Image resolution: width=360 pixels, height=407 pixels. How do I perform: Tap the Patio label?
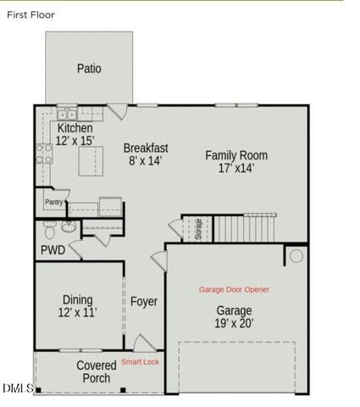click(x=89, y=69)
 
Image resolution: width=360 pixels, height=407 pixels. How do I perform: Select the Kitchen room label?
click(x=75, y=128)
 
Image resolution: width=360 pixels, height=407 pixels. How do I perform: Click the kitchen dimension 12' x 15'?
click(x=75, y=140)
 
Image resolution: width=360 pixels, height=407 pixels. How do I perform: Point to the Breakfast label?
click(x=146, y=148)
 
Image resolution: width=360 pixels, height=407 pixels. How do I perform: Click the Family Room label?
click(x=236, y=155)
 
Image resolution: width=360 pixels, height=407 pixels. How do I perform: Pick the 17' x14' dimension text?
click(x=236, y=168)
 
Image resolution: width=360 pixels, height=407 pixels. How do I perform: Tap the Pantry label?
click(x=53, y=202)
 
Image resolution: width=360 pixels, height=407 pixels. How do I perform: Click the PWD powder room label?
click(x=53, y=250)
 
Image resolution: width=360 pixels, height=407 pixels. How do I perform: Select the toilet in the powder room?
click(x=50, y=228)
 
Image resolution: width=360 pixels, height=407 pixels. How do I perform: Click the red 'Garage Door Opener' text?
click(x=234, y=290)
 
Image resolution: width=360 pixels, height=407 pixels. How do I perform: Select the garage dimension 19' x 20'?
click(x=234, y=323)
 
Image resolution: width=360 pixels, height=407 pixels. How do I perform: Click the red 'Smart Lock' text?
click(x=140, y=362)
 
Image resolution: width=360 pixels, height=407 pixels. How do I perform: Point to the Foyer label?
click(x=144, y=302)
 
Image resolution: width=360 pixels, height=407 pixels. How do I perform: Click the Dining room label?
click(x=78, y=299)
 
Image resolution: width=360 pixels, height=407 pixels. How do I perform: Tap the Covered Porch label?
click(x=97, y=371)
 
